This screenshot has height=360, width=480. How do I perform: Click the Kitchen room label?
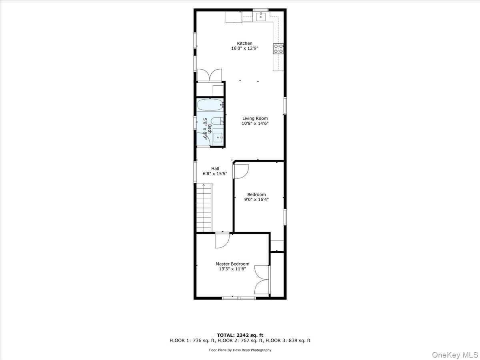click(245, 43)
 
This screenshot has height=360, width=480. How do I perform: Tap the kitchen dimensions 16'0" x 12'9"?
click(245, 48)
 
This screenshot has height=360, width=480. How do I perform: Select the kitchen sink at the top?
click(261, 16)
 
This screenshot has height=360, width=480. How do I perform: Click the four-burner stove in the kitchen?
click(279, 49)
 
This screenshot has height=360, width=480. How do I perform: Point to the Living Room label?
click(255, 118)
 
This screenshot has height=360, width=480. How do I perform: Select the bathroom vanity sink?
click(218, 137)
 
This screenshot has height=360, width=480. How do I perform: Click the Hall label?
click(215, 168)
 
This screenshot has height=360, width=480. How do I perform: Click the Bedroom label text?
click(256, 195)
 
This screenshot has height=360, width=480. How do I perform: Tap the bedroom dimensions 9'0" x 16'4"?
click(256, 200)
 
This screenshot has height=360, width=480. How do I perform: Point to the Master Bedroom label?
click(232, 264)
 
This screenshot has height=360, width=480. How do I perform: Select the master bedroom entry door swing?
click(221, 240)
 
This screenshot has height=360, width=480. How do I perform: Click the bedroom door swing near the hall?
click(241, 171)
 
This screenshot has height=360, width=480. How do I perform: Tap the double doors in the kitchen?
click(210, 75)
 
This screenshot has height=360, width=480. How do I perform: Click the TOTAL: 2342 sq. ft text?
click(240, 335)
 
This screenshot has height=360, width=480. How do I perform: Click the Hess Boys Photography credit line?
click(240, 350)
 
